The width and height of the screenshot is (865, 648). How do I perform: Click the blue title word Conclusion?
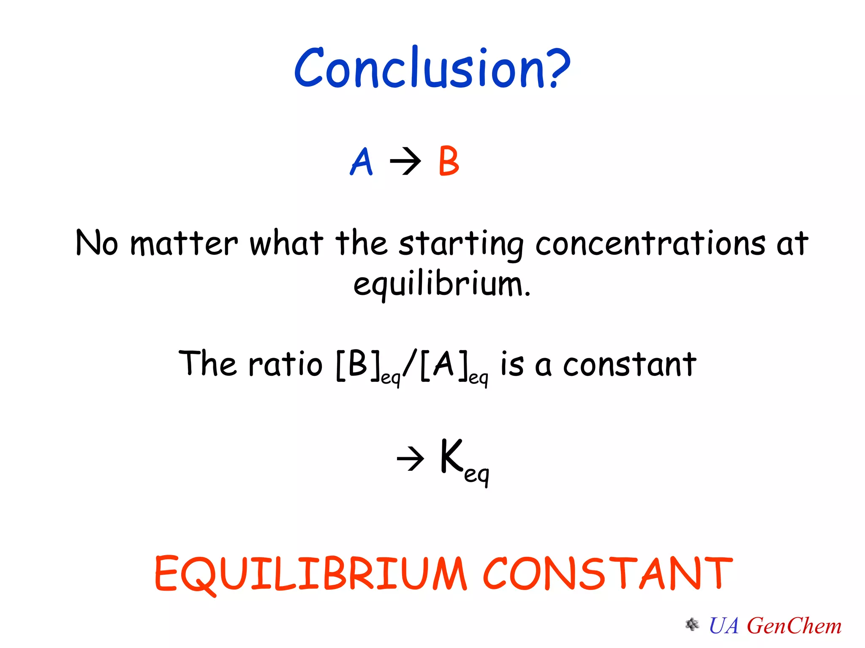[432, 68]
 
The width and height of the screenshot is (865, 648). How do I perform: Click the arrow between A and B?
[405, 161]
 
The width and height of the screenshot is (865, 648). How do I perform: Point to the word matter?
[184, 244]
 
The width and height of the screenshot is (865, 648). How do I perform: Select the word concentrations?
[650, 244]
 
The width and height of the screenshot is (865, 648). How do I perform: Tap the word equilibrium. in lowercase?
[442, 284]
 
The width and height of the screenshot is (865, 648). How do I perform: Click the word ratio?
[286, 364]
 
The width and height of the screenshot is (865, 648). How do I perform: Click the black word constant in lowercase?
[629, 364]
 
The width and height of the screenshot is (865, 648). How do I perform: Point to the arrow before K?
[411, 459]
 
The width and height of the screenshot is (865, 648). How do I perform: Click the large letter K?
[451, 456]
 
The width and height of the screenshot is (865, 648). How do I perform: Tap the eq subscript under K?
[476, 474]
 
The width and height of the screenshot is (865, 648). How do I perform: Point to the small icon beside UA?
[692, 624]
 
